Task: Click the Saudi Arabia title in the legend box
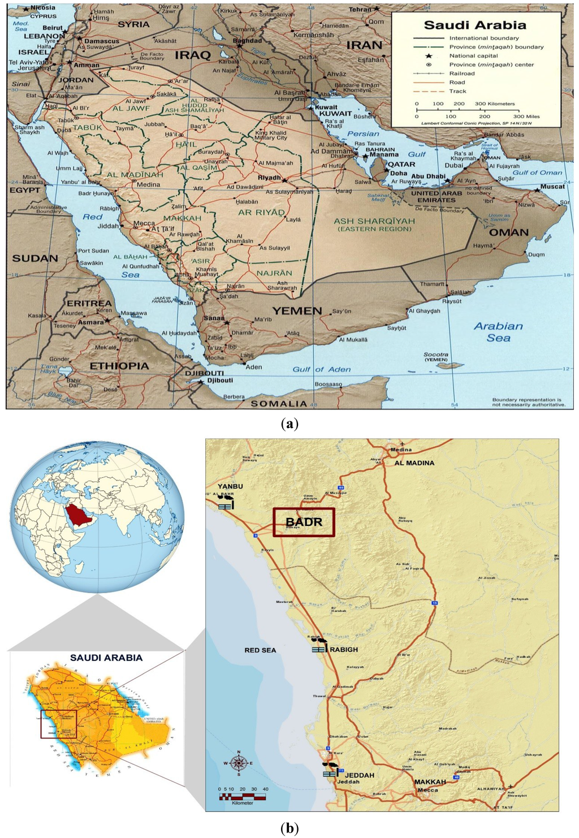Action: (475, 25)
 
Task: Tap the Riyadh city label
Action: (269, 178)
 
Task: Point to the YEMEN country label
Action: (297, 311)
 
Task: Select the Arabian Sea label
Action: (498, 332)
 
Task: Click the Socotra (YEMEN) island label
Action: (436, 357)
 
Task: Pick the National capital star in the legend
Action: (429, 56)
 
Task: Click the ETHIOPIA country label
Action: (119, 366)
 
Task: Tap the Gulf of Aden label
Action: (321, 369)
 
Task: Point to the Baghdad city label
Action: (248, 41)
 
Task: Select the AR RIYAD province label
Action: (261, 213)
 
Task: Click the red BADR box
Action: (304, 522)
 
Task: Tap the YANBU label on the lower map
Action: (230, 486)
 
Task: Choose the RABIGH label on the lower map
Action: (344, 650)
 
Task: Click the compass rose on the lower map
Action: (239, 763)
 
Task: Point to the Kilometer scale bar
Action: (243, 797)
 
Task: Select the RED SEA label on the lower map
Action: (260, 650)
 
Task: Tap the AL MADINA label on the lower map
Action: (414, 463)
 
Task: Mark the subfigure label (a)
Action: (289, 424)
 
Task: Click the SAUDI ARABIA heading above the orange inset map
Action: (106, 658)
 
